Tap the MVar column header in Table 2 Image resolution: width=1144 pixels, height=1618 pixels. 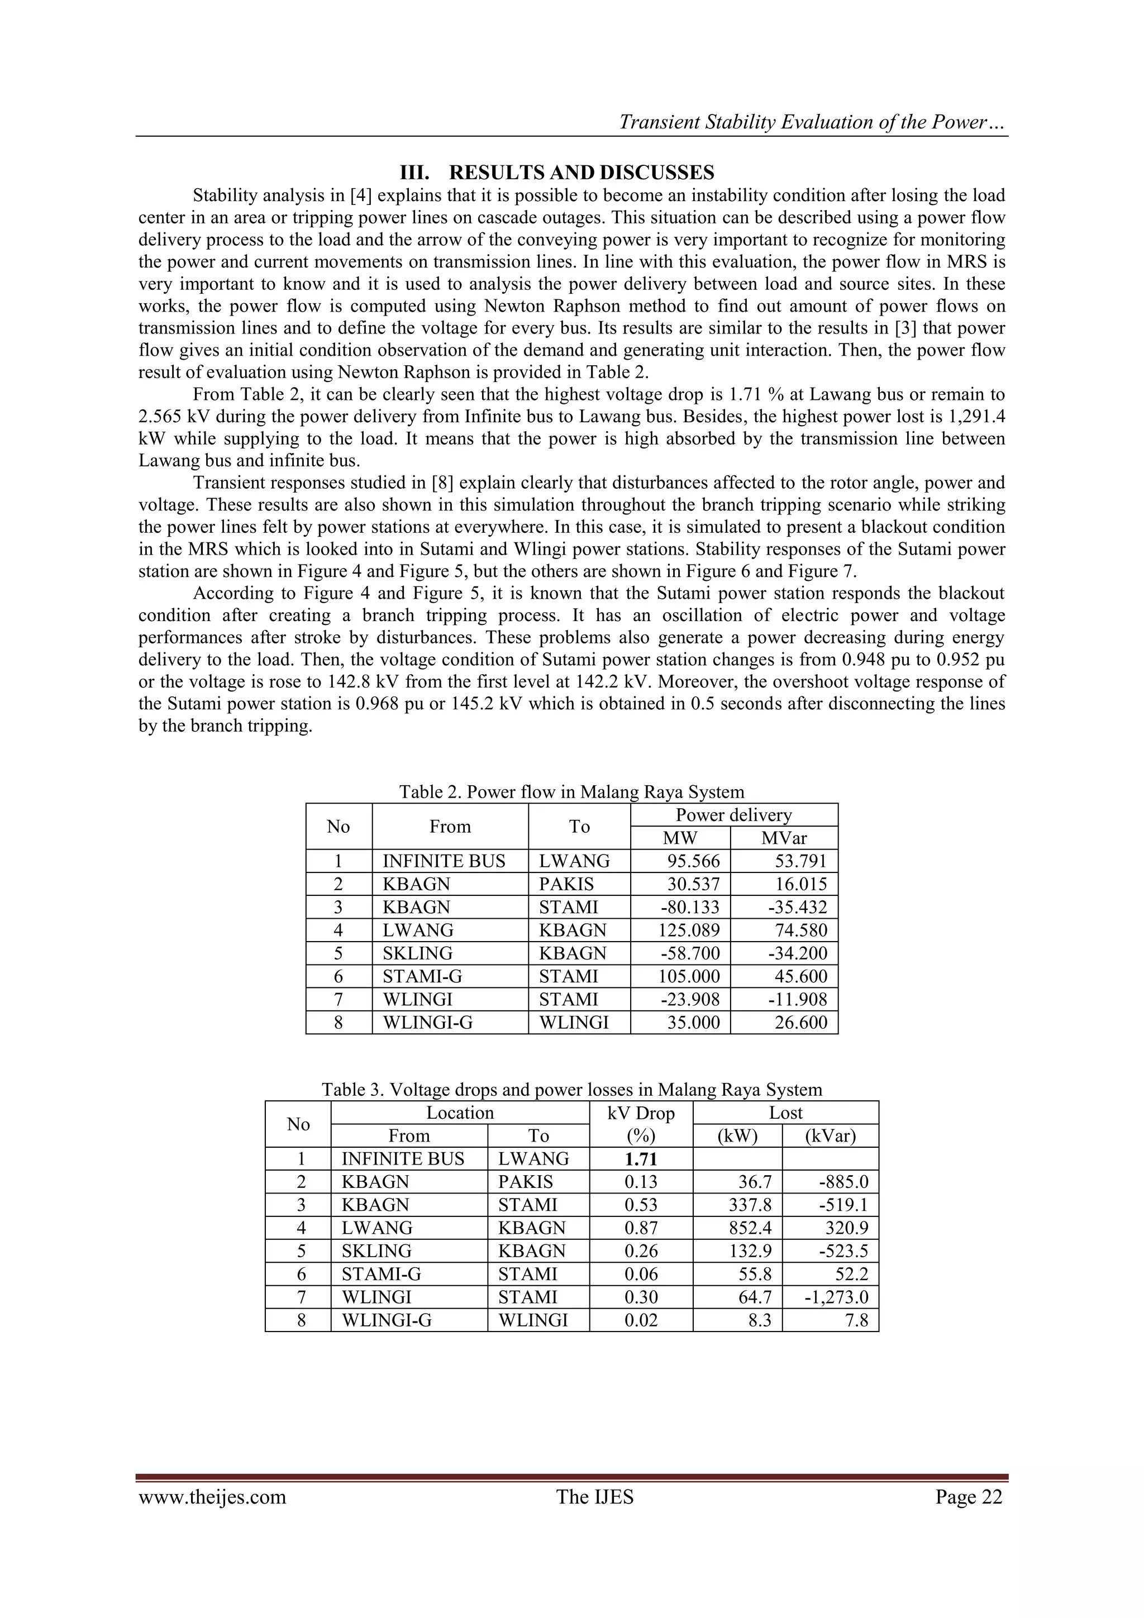(783, 838)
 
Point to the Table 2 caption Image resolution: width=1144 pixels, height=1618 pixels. (571, 792)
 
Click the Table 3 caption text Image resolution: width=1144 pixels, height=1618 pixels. (571, 1090)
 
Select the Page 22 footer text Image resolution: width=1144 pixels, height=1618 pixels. (969, 1497)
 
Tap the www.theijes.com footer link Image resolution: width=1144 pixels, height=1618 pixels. (212, 1497)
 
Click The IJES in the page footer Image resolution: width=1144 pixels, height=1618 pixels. (595, 1497)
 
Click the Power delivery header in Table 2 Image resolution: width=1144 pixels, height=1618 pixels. (734, 815)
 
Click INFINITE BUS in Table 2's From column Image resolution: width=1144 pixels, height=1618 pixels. (444, 861)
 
